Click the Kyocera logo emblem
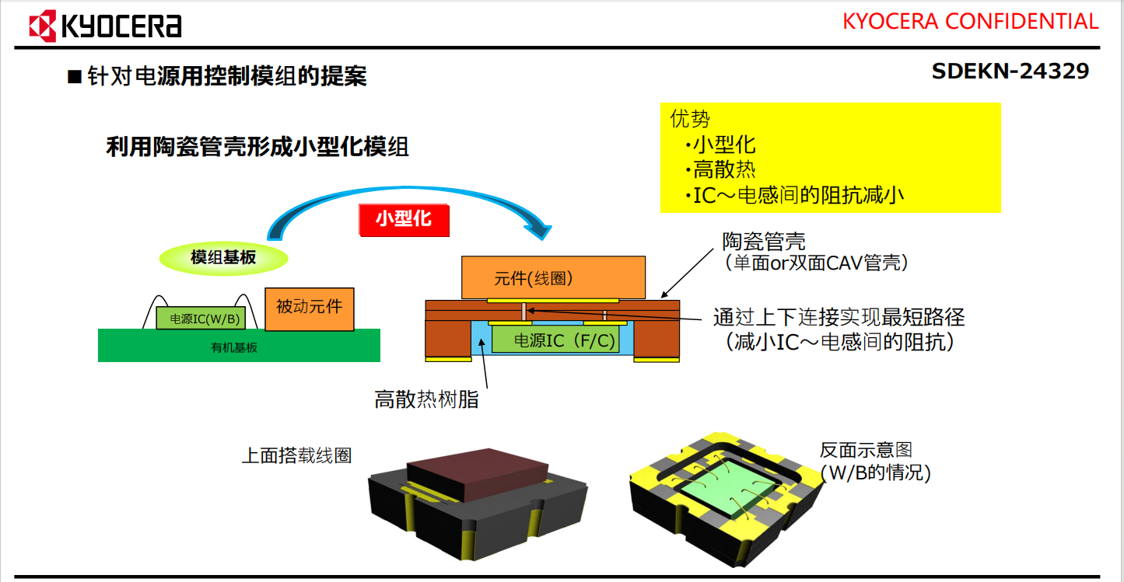coord(43,26)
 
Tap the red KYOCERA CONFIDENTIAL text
coord(970,21)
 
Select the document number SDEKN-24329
coord(1010,71)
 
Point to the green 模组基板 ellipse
coord(223,257)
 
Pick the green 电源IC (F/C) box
coord(555,340)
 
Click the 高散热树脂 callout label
coord(427,400)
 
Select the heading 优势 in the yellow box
coord(689,119)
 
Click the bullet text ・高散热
coord(720,169)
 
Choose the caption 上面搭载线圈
coord(296,455)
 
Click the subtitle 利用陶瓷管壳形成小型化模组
coord(257,148)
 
